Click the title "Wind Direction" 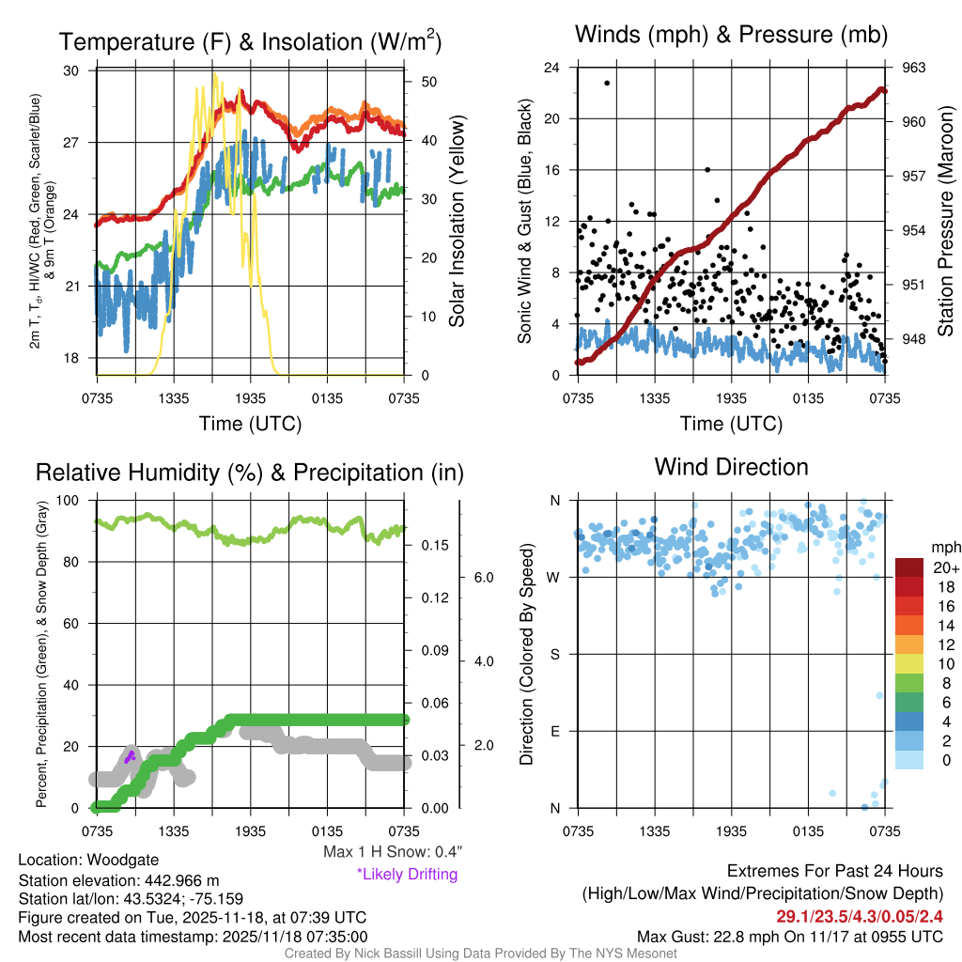(x=731, y=467)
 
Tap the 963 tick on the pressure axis (x=915, y=68)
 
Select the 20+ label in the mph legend (x=945, y=567)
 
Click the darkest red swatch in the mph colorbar (x=910, y=567)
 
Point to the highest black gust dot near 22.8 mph (x=607, y=83)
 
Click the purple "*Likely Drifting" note (x=407, y=874)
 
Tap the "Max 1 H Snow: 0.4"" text (x=393, y=851)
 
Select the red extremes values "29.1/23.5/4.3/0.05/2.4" (x=859, y=916)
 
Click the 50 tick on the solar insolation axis (x=428, y=82)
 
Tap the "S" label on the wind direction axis (x=554, y=654)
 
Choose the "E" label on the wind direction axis (x=554, y=731)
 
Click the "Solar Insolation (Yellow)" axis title (x=458, y=222)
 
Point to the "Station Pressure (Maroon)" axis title (x=946, y=222)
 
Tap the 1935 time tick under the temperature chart (x=250, y=398)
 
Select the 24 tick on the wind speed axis (x=552, y=68)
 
